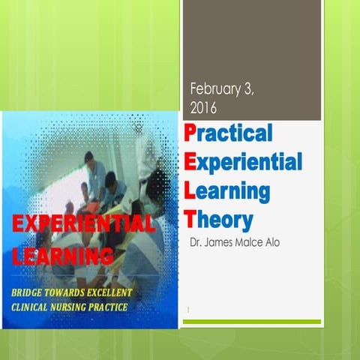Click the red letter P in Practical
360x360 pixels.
click(x=190, y=135)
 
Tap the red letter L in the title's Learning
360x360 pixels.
click(x=190, y=191)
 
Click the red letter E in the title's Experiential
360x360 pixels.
click(x=190, y=163)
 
